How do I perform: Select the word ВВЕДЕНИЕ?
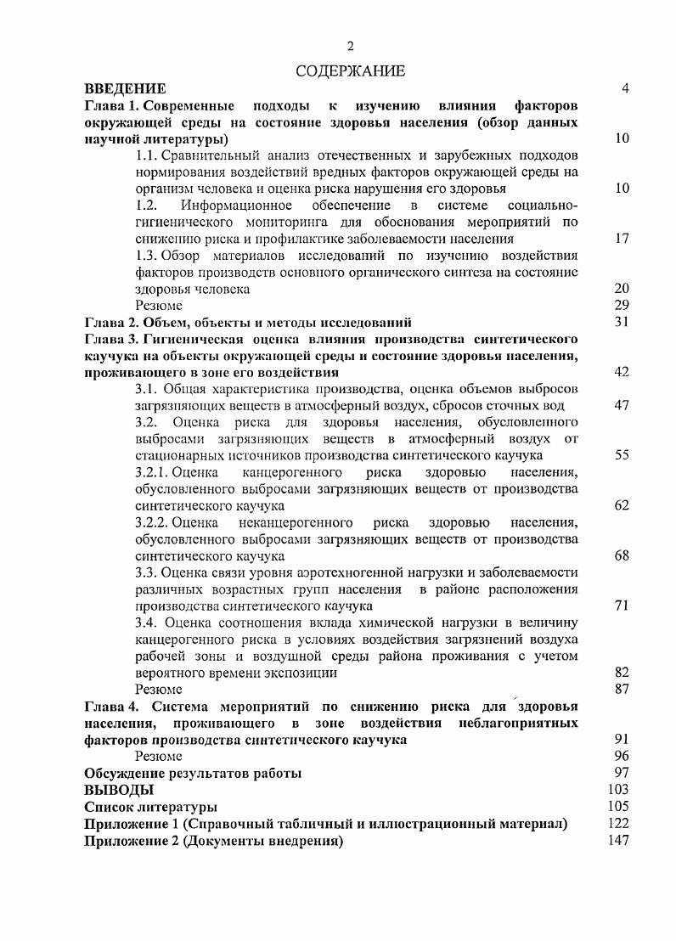coord(125,88)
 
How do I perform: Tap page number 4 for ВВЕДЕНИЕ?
coord(625,88)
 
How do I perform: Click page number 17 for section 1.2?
coord(622,239)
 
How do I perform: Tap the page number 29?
coord(622,306)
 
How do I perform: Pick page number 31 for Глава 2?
coord(622,322)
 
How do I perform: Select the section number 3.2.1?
coord(152,473)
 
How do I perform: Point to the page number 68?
coord(622,556)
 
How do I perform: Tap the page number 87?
coord(622,690)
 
